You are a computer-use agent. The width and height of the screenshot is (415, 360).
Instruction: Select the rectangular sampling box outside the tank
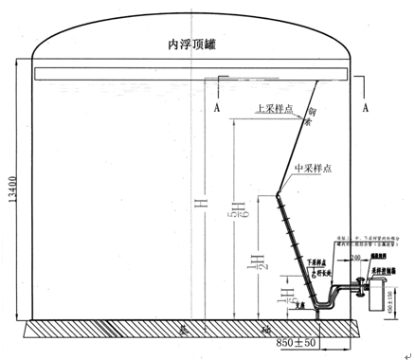pyautogui.click(x=385, y=281)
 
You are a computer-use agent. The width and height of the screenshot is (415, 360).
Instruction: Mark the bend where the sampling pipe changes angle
pyautogui.click(x=277, y=194)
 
